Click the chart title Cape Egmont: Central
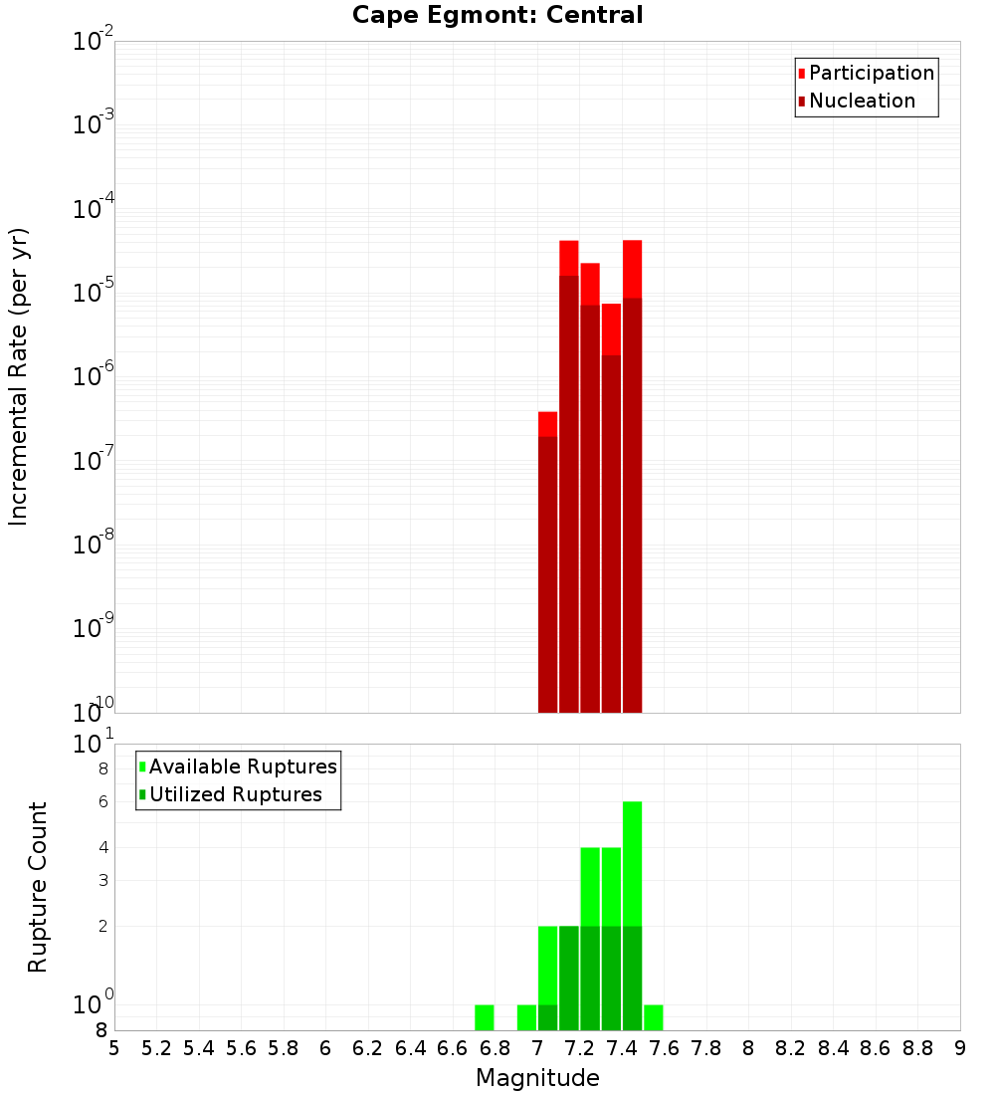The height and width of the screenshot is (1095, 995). [497, 15]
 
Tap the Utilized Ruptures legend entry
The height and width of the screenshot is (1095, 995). [235, 794]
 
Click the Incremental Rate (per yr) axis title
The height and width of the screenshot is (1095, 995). [18, 376]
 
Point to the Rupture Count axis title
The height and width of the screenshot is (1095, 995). [38, 886]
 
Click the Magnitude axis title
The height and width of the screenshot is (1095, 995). [537, 1078]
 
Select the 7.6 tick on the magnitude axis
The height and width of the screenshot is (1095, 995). [665, 1048]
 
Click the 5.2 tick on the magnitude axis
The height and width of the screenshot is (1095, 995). [156, 1048]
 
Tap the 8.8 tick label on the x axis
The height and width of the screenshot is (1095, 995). [918, 1048]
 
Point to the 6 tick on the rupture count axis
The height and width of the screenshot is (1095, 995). [102, 801]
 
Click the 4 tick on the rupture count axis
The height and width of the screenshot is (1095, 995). [102, 847]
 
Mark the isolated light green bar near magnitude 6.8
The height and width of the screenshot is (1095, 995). [485, 1017]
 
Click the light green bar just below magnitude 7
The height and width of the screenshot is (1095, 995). [526, 1017]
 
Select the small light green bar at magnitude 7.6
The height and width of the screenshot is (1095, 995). [654, 1017]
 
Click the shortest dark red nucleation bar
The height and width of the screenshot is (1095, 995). [547, 573]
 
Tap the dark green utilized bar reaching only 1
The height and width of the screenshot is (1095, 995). [547, 1017]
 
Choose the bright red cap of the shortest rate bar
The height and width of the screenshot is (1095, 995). [547, 424]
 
